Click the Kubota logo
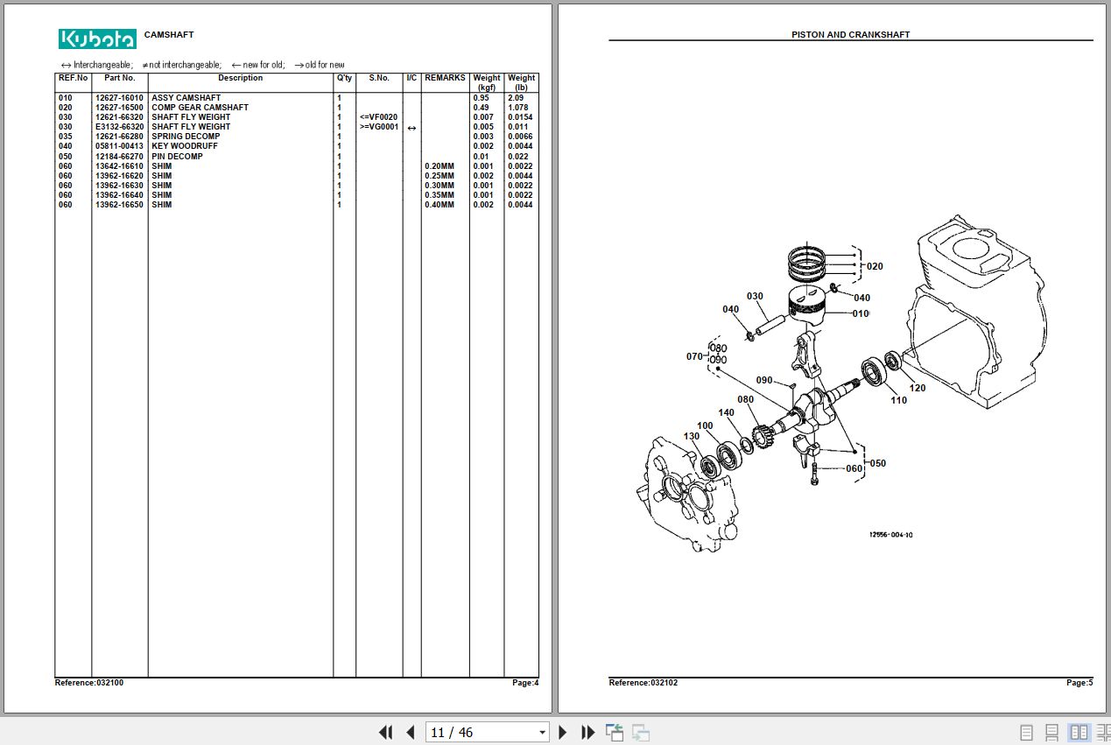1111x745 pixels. [x=97, y=39]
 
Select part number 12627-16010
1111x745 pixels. [x=119, y=98]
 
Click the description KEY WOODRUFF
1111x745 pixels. [x=185, y=146]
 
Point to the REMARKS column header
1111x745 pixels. [x=445, y=78]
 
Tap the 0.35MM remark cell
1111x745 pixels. [x=439, y=195]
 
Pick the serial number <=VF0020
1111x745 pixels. [x=378, y=117]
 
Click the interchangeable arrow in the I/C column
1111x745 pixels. [x=411, y=128]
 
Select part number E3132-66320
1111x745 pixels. [x=119, y=127]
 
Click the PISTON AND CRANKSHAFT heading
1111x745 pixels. [x=851, y=35]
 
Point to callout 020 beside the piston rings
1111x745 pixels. [x=875, y=266]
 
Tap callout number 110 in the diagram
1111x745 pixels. [x=898, y=400]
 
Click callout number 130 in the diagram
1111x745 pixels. [x=692, y=437]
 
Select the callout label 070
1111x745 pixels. [x=694, y=356]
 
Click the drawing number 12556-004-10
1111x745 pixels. [x=890, y=535]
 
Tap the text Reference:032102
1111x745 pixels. [x=643, y=683]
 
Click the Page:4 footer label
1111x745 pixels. [x=525, y=683]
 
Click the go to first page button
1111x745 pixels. [x=385, y=732]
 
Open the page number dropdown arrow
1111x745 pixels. [x=542, y=733]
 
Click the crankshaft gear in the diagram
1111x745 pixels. [x=762, y=436]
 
